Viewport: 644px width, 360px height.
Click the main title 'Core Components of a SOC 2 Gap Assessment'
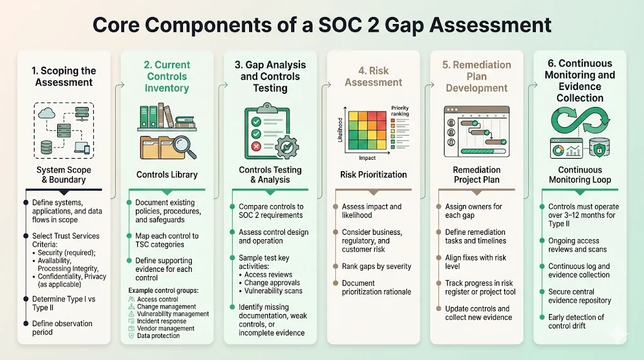pos(321,25)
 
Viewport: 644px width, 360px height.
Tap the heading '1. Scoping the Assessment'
pos(64,76)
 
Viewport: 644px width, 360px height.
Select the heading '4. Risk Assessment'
pos(373,76)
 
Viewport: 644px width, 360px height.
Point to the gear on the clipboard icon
pos(287,145)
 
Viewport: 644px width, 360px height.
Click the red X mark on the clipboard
pos(257,147)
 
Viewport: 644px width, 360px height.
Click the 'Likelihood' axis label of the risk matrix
pos(341,128)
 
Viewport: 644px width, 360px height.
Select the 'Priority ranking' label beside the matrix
pos(399,111)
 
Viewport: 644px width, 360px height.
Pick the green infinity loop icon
pos(579,120)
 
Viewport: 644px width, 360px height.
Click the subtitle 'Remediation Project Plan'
pos(477,174)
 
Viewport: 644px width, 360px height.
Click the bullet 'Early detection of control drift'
pos(576,321)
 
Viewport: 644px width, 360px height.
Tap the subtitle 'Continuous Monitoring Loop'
pos(579,174)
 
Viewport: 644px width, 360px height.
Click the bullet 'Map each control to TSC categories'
pos(167,240)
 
